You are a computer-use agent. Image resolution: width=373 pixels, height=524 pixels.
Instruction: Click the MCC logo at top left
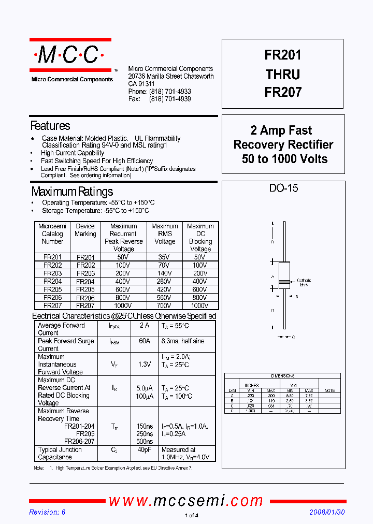(x=70, y=55)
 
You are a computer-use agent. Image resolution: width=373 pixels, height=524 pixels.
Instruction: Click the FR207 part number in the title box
(x=283, y=93)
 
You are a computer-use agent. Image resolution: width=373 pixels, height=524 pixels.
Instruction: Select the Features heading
(x=50, y=126)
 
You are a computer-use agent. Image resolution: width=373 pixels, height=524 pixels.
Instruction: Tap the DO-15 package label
(x=283, y=188)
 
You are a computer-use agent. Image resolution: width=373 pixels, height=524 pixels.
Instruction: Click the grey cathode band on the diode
(x=283, y=283)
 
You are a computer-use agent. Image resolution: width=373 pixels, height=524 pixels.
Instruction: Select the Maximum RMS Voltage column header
(x=165, y=234)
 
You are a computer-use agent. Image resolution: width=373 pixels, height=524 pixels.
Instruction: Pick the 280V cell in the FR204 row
(x=165, y=282)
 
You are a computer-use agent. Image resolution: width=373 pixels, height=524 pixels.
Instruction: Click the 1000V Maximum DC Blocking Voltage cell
(x=200, y=305)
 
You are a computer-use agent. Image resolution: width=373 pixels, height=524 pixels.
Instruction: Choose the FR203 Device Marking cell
(x=85, y=273)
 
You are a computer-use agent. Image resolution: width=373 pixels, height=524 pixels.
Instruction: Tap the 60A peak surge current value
(x=144, y=341)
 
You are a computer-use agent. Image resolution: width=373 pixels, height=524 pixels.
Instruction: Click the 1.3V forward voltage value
(x=144, y=365)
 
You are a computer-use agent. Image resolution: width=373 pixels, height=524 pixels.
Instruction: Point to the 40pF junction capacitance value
(x=144, y=450)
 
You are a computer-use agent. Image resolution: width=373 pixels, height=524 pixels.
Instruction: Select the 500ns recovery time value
(x=144, y=442)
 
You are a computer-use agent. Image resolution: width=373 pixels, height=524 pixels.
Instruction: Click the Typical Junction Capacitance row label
(x=60, y=454)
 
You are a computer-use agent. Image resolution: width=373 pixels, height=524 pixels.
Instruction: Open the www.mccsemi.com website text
(x=186, y=501)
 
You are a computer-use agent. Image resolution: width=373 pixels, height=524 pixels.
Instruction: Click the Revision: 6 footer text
(x=47, y=512)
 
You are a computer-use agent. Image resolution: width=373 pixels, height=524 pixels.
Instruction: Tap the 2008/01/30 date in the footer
(x=326, y=512)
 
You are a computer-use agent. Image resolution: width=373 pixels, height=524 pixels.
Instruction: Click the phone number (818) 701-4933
(x=170, y=92)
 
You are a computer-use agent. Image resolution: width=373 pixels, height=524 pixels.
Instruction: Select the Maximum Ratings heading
(x=72, y=192)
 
